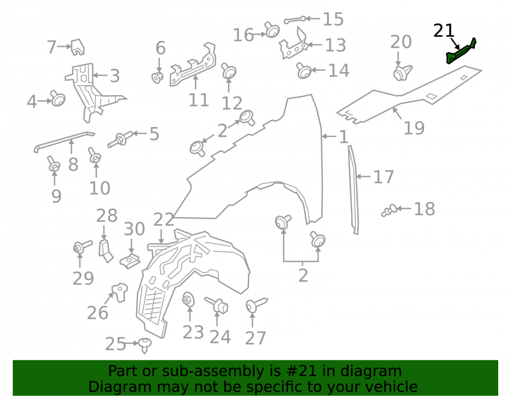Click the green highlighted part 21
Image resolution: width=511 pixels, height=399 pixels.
(461, 52)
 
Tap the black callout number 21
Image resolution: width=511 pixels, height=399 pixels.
(444, 31)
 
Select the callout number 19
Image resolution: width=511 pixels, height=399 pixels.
(414, 128)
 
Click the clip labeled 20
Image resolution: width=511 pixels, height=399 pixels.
(403, 73)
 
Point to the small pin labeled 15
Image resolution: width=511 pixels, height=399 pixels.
(295, 20)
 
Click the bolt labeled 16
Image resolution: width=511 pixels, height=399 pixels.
(272, 30)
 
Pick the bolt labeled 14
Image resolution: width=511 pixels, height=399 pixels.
(304, 71)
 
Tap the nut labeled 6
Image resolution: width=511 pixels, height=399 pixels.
(157, 77)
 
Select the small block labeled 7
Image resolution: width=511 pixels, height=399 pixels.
(78, 47)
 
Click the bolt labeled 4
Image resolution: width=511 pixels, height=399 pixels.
(58, 98)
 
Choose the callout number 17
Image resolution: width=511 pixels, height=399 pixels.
(384, 177)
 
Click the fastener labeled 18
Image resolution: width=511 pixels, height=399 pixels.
(389, 210)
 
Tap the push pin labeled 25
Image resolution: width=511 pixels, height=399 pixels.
(145, 345)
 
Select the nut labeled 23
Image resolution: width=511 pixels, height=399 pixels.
(189, 299)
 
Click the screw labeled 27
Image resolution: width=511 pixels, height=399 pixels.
(257, 304)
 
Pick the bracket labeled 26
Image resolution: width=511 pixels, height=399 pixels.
(120, 292)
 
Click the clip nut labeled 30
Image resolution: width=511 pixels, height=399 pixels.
(130, 260)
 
